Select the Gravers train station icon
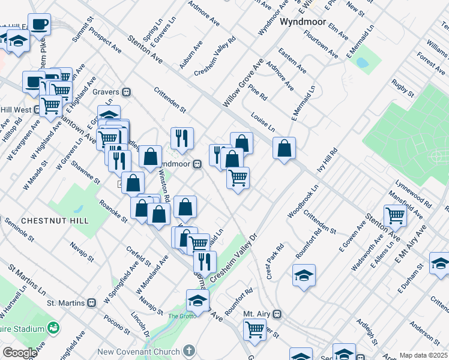tap(127, 92)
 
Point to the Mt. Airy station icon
tap(277, 314)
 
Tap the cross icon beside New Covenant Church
tap(189, 350)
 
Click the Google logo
tap(20, 353)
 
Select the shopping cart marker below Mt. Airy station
tap(255, 329)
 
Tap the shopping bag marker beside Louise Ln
tap(284, 148)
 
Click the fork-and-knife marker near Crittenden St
tap(181, 138)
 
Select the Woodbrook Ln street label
tap(303, 205)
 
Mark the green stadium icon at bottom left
tap(54, 328)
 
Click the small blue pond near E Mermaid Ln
tap(362, 62)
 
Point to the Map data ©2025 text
tap(424, 355)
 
